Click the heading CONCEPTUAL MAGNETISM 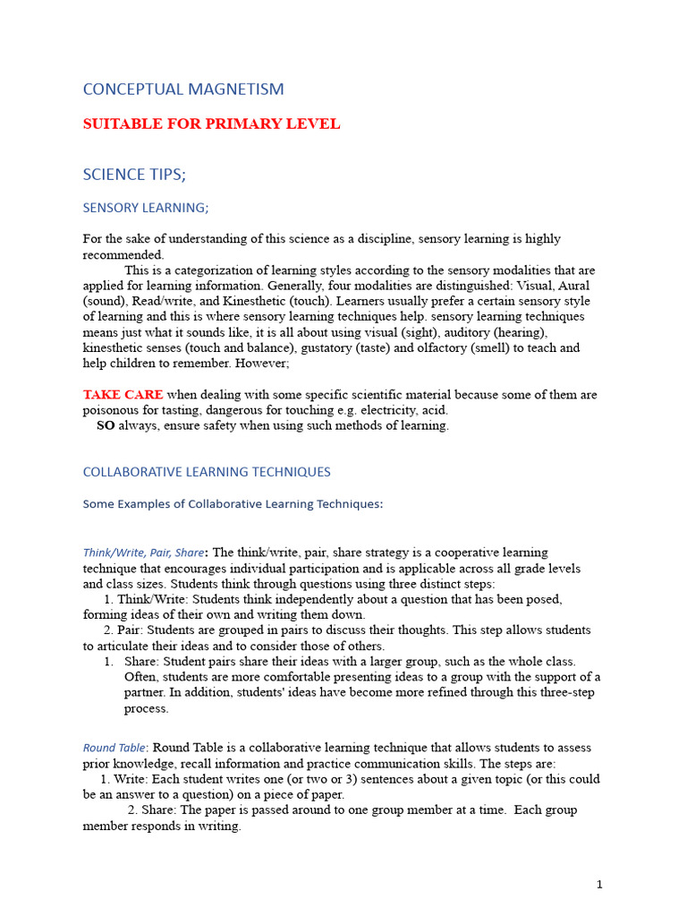pyautogui.click(x=183, y=89)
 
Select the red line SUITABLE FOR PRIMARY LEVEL pyautogui.click(x=211, y=124)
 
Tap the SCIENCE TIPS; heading pyautogui.click(x=134, y=174)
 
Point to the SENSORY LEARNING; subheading pyautogui.click(x=146, y=208)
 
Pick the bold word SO pyautogui.click(x=106, y=425)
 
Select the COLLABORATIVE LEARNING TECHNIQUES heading pyautogui.click(x=207, y=472)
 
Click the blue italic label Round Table pyautogui.click(x=114, y=748)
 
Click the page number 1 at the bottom pyautogui.click(x=599, y=885)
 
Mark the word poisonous pyautogui.click(x=112, y=410)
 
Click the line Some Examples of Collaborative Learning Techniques pyautogui.click(x=233, y=504)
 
